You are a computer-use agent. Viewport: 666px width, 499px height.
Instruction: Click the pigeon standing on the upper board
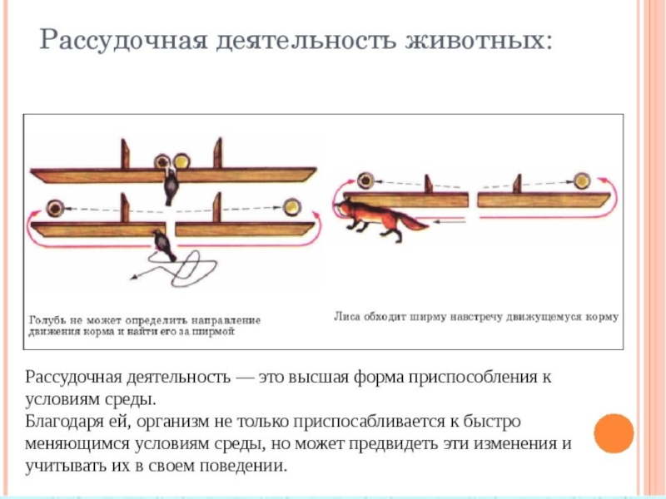click(x=171, y=181)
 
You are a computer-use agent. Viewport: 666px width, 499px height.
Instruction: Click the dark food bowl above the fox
click(x=365, y=180)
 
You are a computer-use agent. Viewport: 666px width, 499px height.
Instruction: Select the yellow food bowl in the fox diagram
click(x=582, y=180)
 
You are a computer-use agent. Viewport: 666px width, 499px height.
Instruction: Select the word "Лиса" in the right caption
click(x=346, y=316)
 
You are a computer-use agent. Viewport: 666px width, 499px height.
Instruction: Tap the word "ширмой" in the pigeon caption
click(x=217, y=331)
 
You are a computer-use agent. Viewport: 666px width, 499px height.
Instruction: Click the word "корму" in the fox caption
click(x=604, y=316)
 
